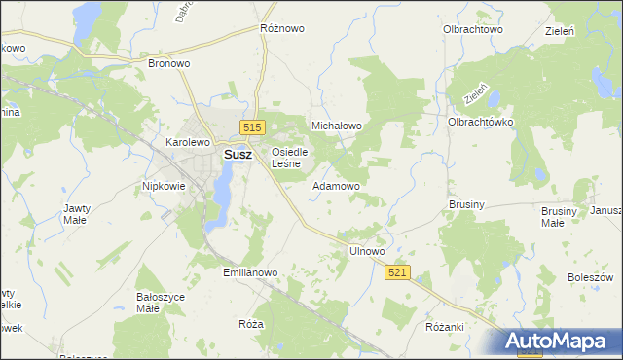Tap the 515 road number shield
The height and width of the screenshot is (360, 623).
coord(253,127)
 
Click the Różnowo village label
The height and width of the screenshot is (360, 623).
coord(282,28)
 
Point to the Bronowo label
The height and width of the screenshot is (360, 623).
coord(168,63)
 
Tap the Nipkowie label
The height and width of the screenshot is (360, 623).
coord(164,185)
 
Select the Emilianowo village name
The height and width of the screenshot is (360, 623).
coord(251,272)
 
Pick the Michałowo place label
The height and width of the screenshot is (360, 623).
coord(336,126)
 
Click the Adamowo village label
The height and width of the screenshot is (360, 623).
coord(336,185)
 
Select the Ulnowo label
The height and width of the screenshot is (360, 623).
coord(367,251)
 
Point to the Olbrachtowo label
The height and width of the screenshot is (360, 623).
coord(473,30)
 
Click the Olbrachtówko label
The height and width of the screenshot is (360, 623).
coord(480,122)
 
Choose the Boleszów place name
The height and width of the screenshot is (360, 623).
coord(589,277)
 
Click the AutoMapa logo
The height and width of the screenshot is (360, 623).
coord(562,341)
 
